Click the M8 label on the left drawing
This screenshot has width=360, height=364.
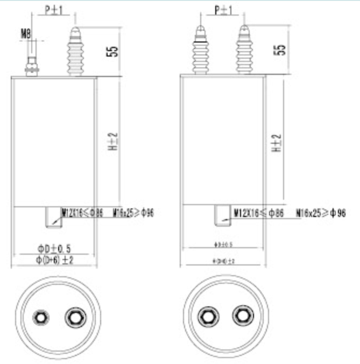click(25, 34)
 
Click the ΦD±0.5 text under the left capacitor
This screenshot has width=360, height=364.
click(54, 248)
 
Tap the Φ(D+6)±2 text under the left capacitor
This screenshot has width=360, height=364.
click(54, 260)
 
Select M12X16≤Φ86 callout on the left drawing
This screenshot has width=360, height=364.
click(82, 213)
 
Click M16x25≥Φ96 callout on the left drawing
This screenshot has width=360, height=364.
click(133, 213)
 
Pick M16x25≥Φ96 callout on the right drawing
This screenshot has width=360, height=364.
click(321, 214)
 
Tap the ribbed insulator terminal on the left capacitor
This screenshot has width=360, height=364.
click(75, 51)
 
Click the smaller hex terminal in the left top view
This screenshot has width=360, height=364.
click(39, 317)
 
